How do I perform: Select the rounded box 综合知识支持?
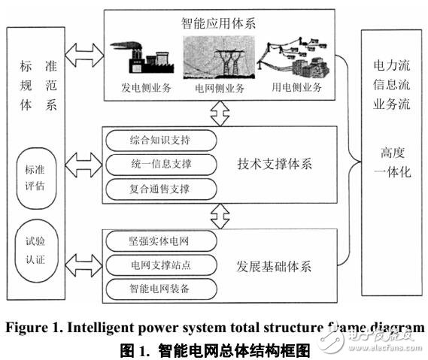click(161, 141)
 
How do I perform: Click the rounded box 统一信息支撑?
click(161, 163)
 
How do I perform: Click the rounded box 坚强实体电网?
click(161, 241)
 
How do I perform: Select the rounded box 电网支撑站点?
click(161, 265)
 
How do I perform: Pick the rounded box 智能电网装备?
click(161, 287)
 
